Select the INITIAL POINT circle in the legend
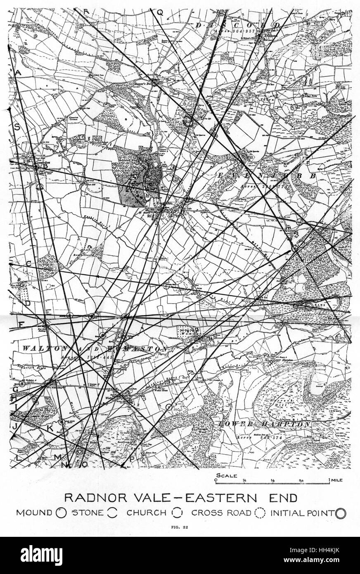(341, 513)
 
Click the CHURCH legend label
(146, 513)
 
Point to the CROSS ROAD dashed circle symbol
(260, 513)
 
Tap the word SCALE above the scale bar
(227, 475)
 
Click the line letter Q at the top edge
(161, 12)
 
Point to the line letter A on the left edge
(18, 73)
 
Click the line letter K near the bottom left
(50, 428)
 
